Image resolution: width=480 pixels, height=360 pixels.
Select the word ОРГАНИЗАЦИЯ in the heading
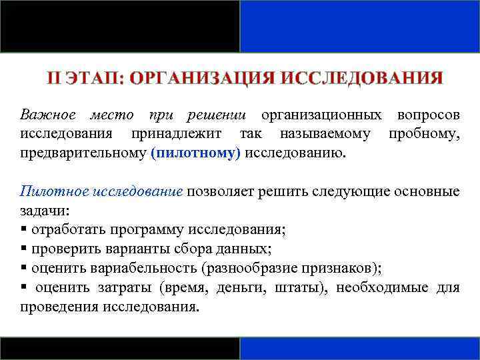pyautogui.click(x=202, y=78)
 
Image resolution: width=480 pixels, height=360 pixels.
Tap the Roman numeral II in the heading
pyautogui.click(x=54, y=78)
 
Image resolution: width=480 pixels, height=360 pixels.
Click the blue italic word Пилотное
pyautogui.click(x=47, y=191)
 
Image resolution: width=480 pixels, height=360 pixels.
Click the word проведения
pyautogui.click(x=59, y=307)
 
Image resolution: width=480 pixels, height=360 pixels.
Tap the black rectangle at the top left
pyautogui.click(x=120, y=26)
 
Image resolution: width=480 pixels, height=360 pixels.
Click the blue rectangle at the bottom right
pyautogui.click(x=360, y=348)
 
